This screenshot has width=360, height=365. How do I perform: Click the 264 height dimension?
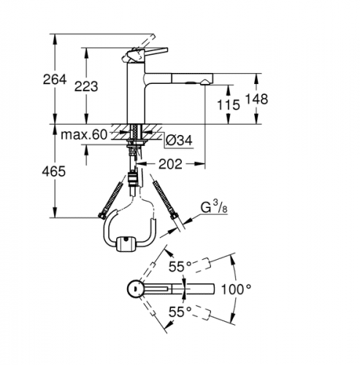click(55, 80)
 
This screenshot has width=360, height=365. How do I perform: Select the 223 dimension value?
click(86, 86)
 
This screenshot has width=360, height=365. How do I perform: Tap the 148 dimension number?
click(256, 99)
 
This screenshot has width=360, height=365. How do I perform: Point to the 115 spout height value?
click(229, 105)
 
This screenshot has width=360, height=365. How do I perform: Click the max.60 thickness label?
click(84, 134)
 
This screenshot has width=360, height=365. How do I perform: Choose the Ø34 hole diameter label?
click(179, 140)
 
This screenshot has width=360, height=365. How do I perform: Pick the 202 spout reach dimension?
click(170, 164)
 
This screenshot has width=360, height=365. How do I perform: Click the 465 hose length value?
click(54, 172)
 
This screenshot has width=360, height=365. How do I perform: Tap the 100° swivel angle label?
click(236, 289)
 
